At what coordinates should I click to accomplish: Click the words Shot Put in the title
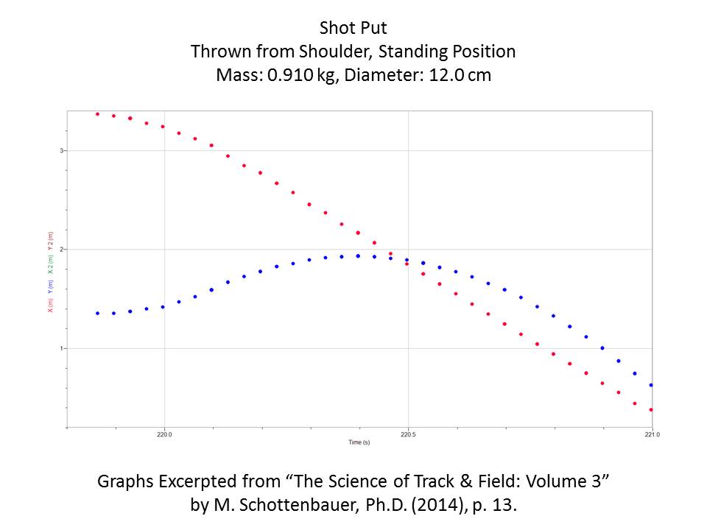[353, 29]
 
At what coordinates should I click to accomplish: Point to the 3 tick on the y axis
[63, 151]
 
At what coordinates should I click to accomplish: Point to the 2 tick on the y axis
[63, 250]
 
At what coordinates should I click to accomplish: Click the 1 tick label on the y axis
[63, 348]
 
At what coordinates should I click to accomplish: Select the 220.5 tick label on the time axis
[408, 435]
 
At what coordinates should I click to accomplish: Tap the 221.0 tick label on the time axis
[651, 435]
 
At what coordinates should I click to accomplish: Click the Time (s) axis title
[359, 442]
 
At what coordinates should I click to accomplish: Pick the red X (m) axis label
[50, 305]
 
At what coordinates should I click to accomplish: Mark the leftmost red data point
[97, 114]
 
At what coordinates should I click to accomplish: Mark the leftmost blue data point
[97, 313]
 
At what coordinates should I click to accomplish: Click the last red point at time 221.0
[651, 409]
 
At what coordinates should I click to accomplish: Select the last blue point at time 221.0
[651, 385]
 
